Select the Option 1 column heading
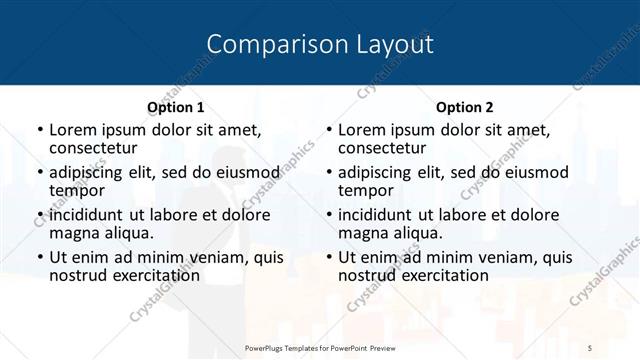(176, 106)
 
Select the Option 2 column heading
(465, 106)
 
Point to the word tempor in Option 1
(77, 190)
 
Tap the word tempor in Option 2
(366, 190)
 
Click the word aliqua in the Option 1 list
(128, 233)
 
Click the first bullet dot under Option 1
(39, 130)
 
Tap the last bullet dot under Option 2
(328, 258)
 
